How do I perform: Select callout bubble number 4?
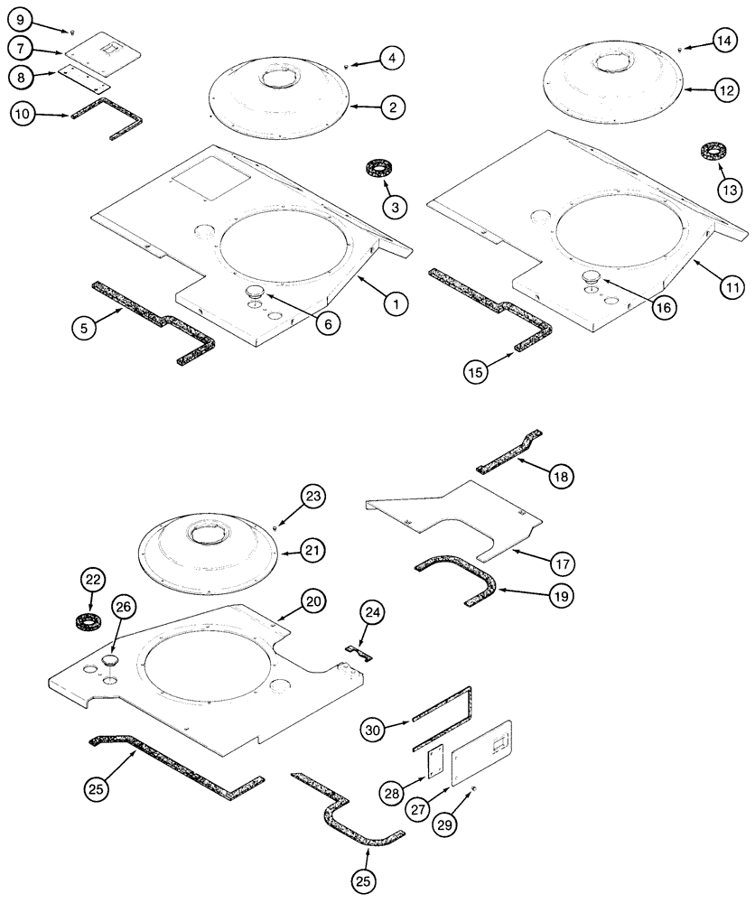pos(391,59)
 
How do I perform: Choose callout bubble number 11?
pos(732,287)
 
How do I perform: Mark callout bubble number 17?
pos(564,564)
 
